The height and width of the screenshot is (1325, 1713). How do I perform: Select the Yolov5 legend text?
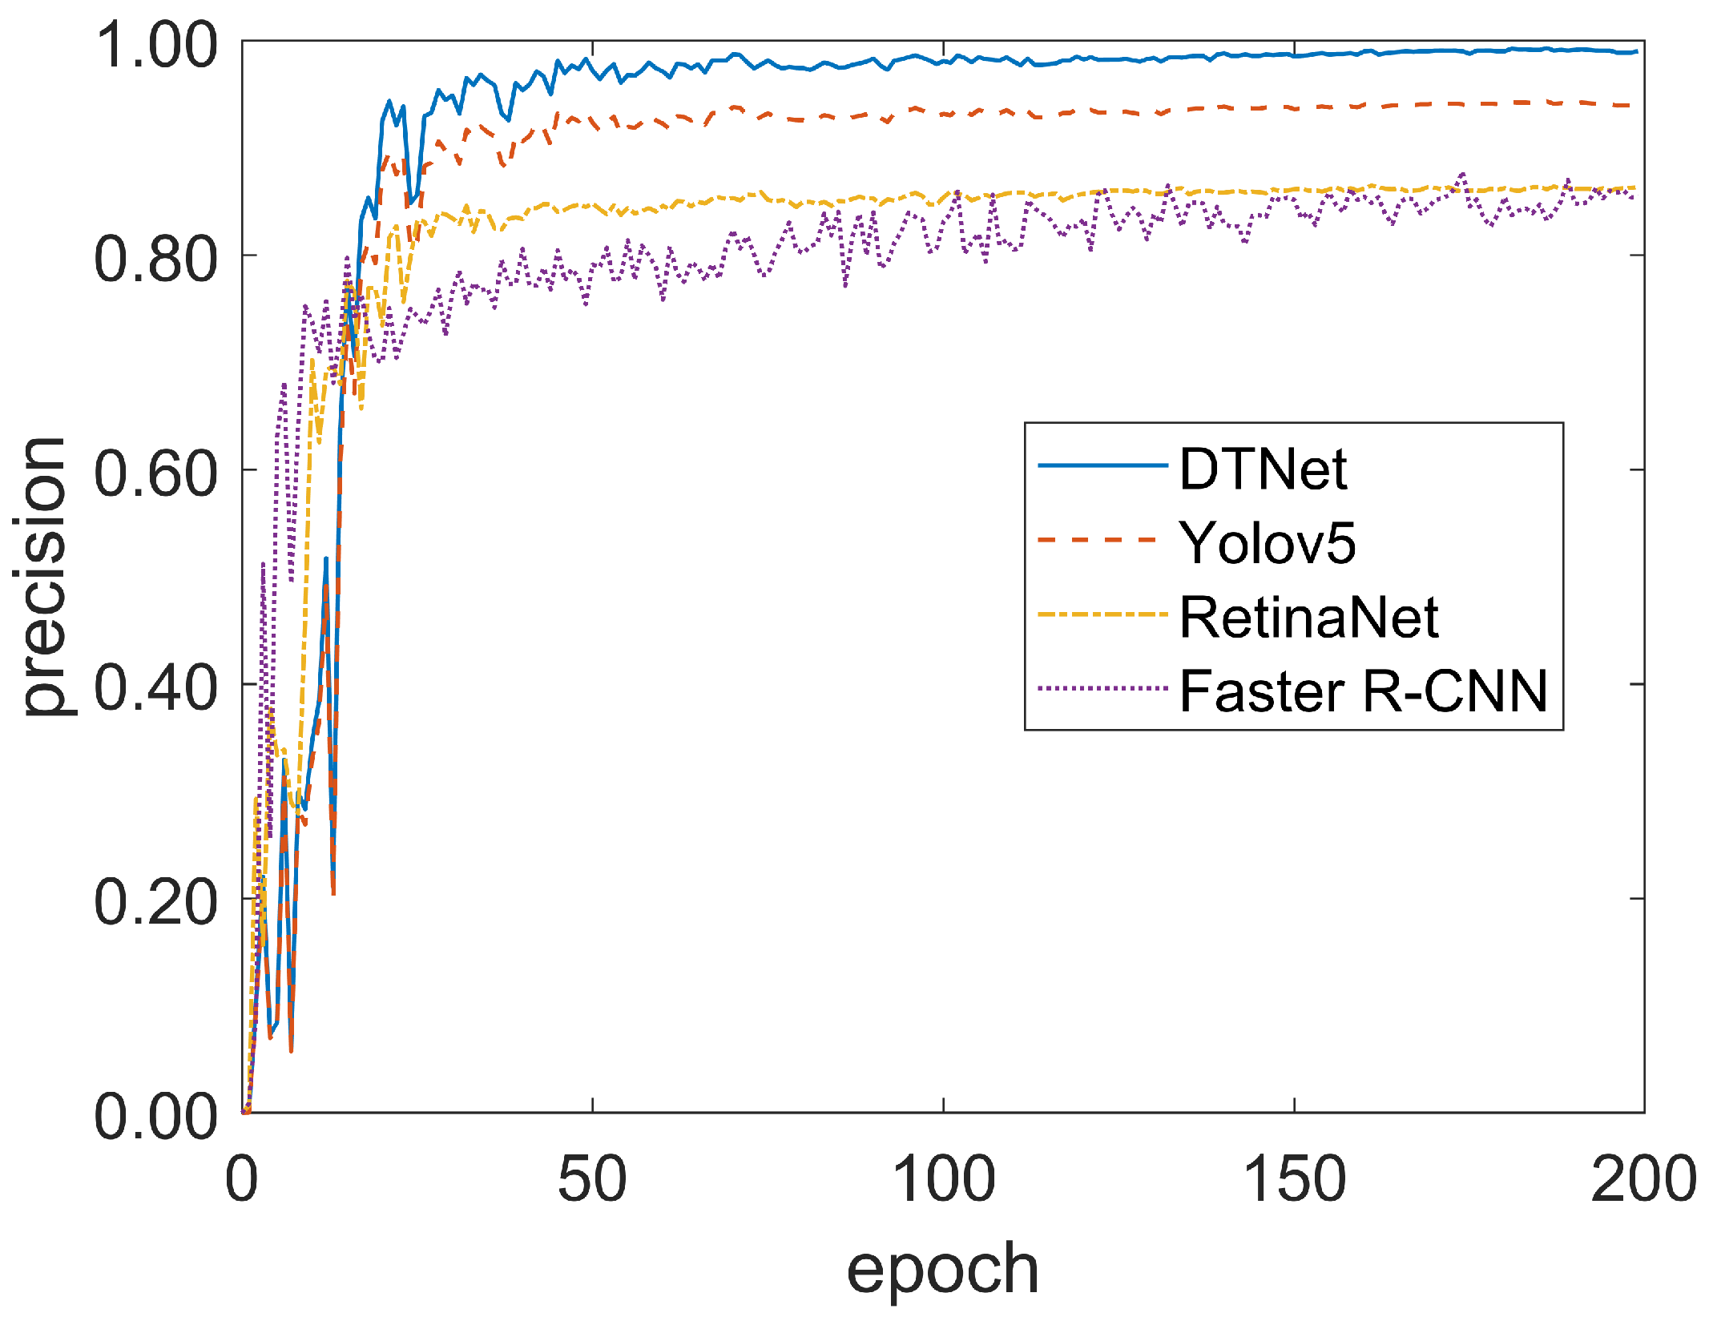click(x=1267, y=543)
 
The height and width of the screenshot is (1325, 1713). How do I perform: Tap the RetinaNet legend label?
click(x=1308, y=618)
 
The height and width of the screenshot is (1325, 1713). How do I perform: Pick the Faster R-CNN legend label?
click(x=1363, y=691)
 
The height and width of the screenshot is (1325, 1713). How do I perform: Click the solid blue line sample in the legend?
click(x=1102, y=465)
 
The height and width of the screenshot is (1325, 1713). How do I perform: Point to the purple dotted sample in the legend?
click(x=1102, y=687)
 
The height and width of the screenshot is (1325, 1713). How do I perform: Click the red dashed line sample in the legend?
click(x=1098, y=540)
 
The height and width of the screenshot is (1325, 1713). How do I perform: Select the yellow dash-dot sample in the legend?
click(x=1102, y=614)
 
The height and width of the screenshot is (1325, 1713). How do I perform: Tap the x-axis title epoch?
click(x=942, y=1268)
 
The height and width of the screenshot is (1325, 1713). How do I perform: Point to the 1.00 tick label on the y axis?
click(x=155, y=45)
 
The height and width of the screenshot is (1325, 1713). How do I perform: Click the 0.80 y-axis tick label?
click(x=155, y=260)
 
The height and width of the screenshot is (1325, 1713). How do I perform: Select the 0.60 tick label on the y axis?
click(x=155, y=473)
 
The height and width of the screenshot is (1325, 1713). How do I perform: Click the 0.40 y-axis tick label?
click(x=155, y=688)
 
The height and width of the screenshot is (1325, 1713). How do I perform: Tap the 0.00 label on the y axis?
click(x=155, y=1117)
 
